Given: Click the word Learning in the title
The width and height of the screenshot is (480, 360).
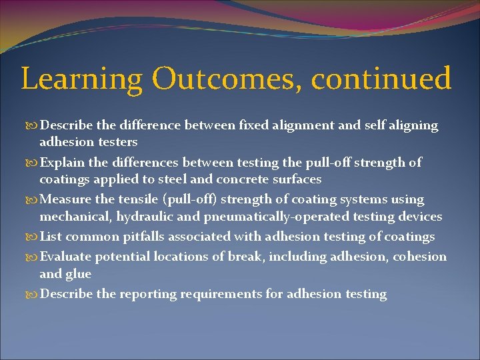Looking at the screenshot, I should [x=81, y=79].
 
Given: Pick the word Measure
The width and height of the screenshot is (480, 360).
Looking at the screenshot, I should [x=65, y=199].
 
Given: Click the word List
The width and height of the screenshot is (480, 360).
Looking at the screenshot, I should [x=51, y=237].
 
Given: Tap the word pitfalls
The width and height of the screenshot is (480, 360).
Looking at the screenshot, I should [x=140, y=237].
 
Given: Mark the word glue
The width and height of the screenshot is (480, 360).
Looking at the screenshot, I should [x=79, y=274].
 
